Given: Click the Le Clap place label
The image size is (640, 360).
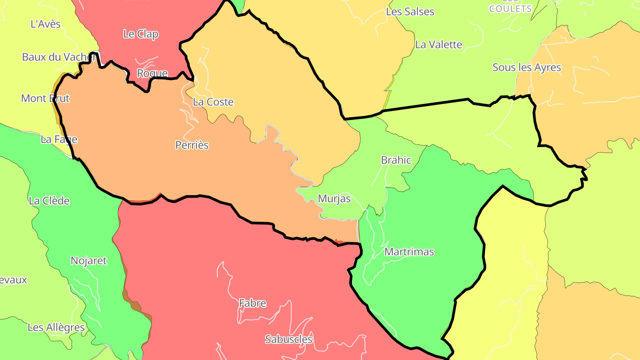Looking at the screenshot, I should point(141,34).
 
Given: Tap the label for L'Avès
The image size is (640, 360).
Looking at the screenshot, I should point(45,24).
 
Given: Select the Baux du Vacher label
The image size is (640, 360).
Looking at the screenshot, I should point(59,57).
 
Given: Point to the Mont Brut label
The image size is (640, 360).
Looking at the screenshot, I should point(45,98).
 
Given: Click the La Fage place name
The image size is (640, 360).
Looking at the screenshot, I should point(59,140).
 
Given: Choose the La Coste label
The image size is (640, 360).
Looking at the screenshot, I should point(213,102).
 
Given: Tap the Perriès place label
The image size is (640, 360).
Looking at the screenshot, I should point(192,145).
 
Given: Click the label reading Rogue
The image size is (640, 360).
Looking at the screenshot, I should point(152,73).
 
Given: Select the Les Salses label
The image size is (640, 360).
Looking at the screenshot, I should point(410,12).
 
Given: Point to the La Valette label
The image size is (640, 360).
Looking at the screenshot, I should point(439,45).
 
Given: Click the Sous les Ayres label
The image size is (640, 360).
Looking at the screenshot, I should point(527,68).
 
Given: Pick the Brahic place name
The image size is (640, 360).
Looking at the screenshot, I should point(396,160).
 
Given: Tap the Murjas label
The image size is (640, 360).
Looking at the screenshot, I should point(334,199).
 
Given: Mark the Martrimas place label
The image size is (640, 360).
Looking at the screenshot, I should point(409,252).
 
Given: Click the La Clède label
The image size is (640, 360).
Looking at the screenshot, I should point(49,201).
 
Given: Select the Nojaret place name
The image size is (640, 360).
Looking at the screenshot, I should point(89,261).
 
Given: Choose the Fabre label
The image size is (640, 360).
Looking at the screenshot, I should point(252,304).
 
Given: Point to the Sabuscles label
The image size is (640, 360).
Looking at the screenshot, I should point(289,340).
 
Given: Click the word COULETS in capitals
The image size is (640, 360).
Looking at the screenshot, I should point(510,9).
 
